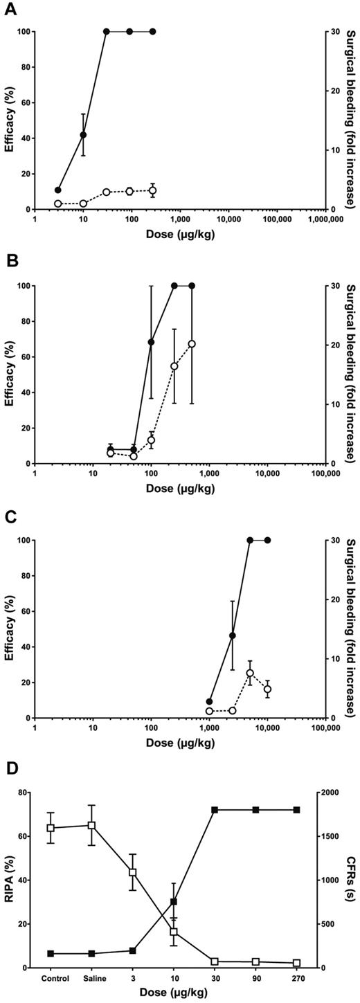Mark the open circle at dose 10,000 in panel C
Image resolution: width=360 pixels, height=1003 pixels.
[x=267, y=689]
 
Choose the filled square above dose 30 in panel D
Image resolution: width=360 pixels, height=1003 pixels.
[x=215, y=810]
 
